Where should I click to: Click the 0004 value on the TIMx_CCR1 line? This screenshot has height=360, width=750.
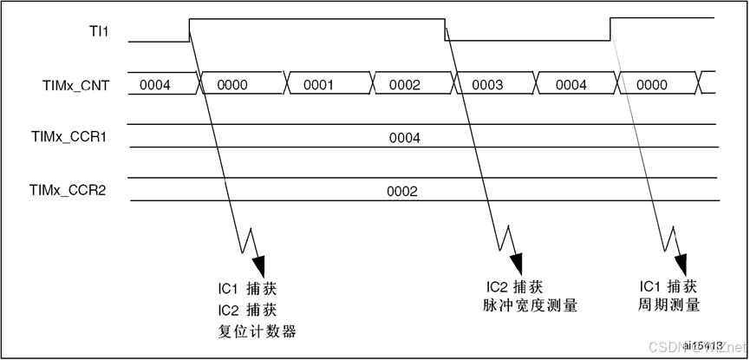(x=404, y=138)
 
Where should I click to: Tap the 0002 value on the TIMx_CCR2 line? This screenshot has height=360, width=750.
(x=402, y=191)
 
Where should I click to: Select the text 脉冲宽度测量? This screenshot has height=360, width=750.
(x=530, y=305)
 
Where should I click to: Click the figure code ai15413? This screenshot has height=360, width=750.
(x=703, y=345)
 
